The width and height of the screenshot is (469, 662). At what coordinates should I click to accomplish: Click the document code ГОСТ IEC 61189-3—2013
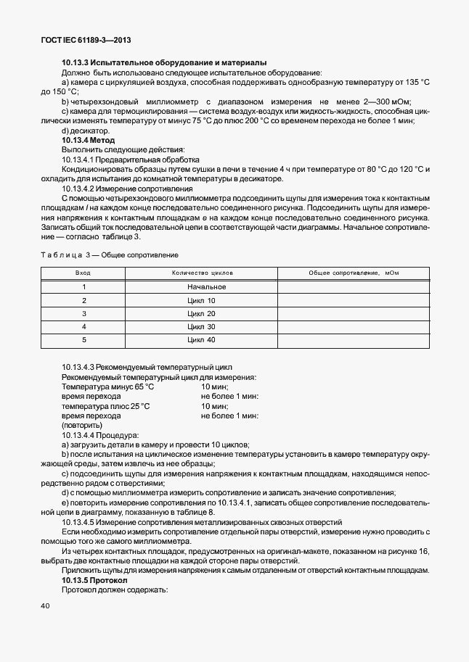(x=86, y=41)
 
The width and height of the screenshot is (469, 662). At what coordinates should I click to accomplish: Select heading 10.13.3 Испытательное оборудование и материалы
(x=164, y=62)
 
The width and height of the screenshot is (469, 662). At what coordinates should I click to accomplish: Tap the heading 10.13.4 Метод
(x=89, y=139)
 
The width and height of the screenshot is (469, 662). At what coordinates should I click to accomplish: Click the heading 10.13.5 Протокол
(x=94, y=581)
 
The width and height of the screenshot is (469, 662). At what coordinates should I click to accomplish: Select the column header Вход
(x=83, y=273)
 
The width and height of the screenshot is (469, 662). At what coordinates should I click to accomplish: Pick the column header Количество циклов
(x=201, y=273)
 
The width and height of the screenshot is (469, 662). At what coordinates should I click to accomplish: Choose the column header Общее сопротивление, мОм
(x=354, y=273)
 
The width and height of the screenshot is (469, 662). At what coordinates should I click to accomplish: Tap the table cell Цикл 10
(x=201, y=300)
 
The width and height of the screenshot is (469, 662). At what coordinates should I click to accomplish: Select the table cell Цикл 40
(x=201, y=339)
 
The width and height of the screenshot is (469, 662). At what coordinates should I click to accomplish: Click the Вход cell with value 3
(x=83, y=313)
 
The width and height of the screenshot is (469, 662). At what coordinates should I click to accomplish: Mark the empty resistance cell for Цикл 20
(x=354, y=313)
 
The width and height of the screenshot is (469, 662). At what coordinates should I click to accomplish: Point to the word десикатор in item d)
(x=88, y=131)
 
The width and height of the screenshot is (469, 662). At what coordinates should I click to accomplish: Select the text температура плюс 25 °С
(x=106, y=406)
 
